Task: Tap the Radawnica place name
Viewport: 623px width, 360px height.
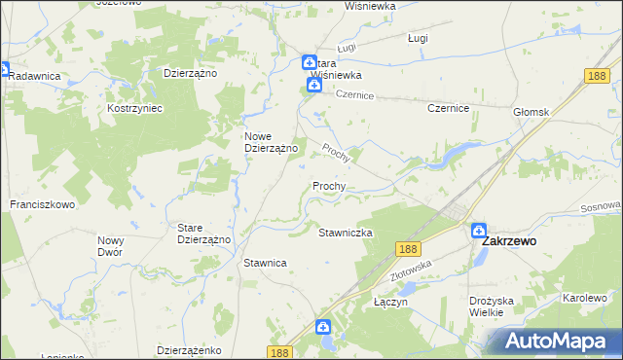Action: (34, 76)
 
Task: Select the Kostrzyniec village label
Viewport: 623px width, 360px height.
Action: (134, 108)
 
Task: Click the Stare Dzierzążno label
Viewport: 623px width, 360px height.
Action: (202, 234)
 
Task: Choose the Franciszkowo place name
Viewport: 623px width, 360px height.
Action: (43, 205)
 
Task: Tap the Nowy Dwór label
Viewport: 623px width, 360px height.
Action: (111, 245)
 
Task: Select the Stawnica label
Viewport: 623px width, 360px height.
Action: (264, 263)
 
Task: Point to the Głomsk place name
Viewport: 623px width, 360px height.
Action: (531, 112)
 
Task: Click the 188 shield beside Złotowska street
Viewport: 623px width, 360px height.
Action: (408, 250)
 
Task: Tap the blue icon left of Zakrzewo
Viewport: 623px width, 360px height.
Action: (478, 231)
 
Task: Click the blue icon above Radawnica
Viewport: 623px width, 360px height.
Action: (3, 70)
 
